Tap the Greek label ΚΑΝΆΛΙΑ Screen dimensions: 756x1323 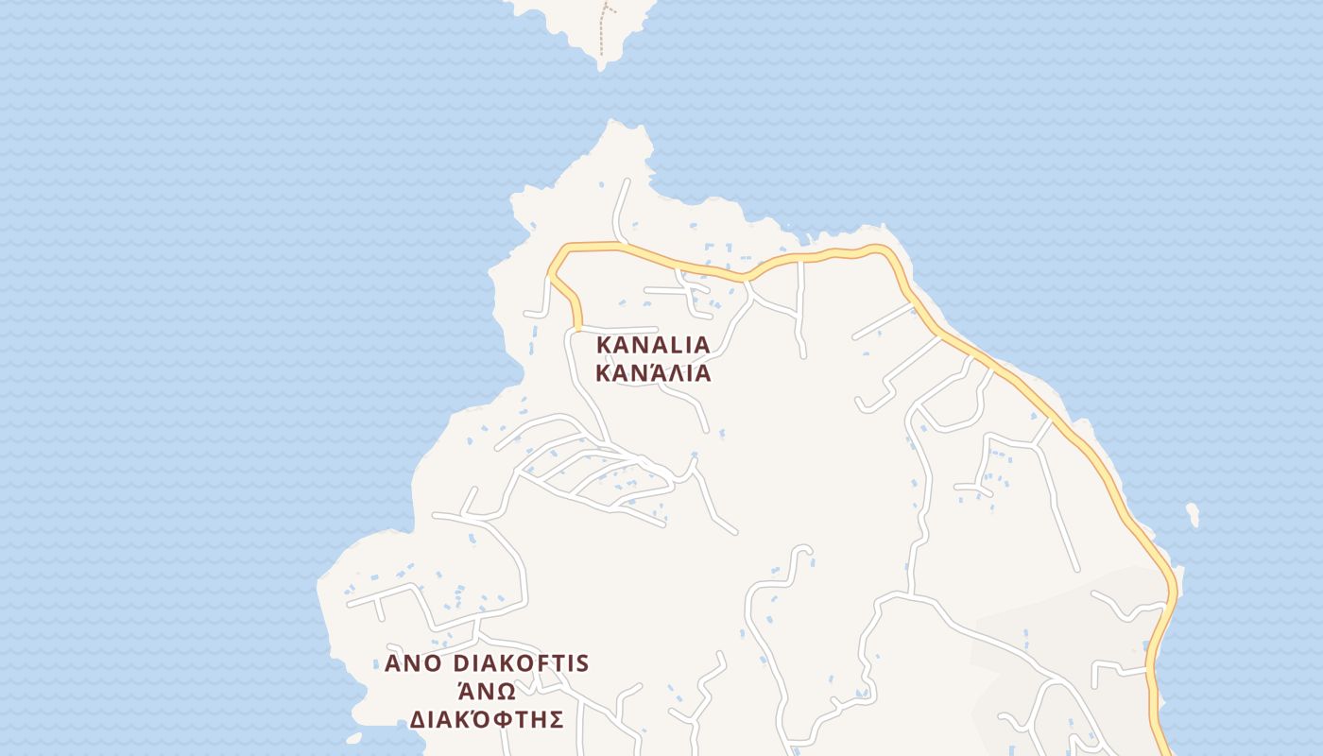pyautogui.click(x=652, y=373)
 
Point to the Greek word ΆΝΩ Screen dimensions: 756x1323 pyautogui.click(x=487, y=691)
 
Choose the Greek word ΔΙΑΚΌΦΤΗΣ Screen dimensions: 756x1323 pyautogui.click(x=487, y=720)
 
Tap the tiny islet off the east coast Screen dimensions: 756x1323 pyautogui.click(x=1193, y=514)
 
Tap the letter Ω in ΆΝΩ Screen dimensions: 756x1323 pyautogui.click(x=507, y=691)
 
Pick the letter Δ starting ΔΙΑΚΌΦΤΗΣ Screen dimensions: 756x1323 pyautogui.click(x=417, y=720)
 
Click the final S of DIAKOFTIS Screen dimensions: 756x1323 pyautogui.click(x=582, y=663)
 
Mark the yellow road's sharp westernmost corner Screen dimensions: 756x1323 pyautogui.click(x=550, y=276)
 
